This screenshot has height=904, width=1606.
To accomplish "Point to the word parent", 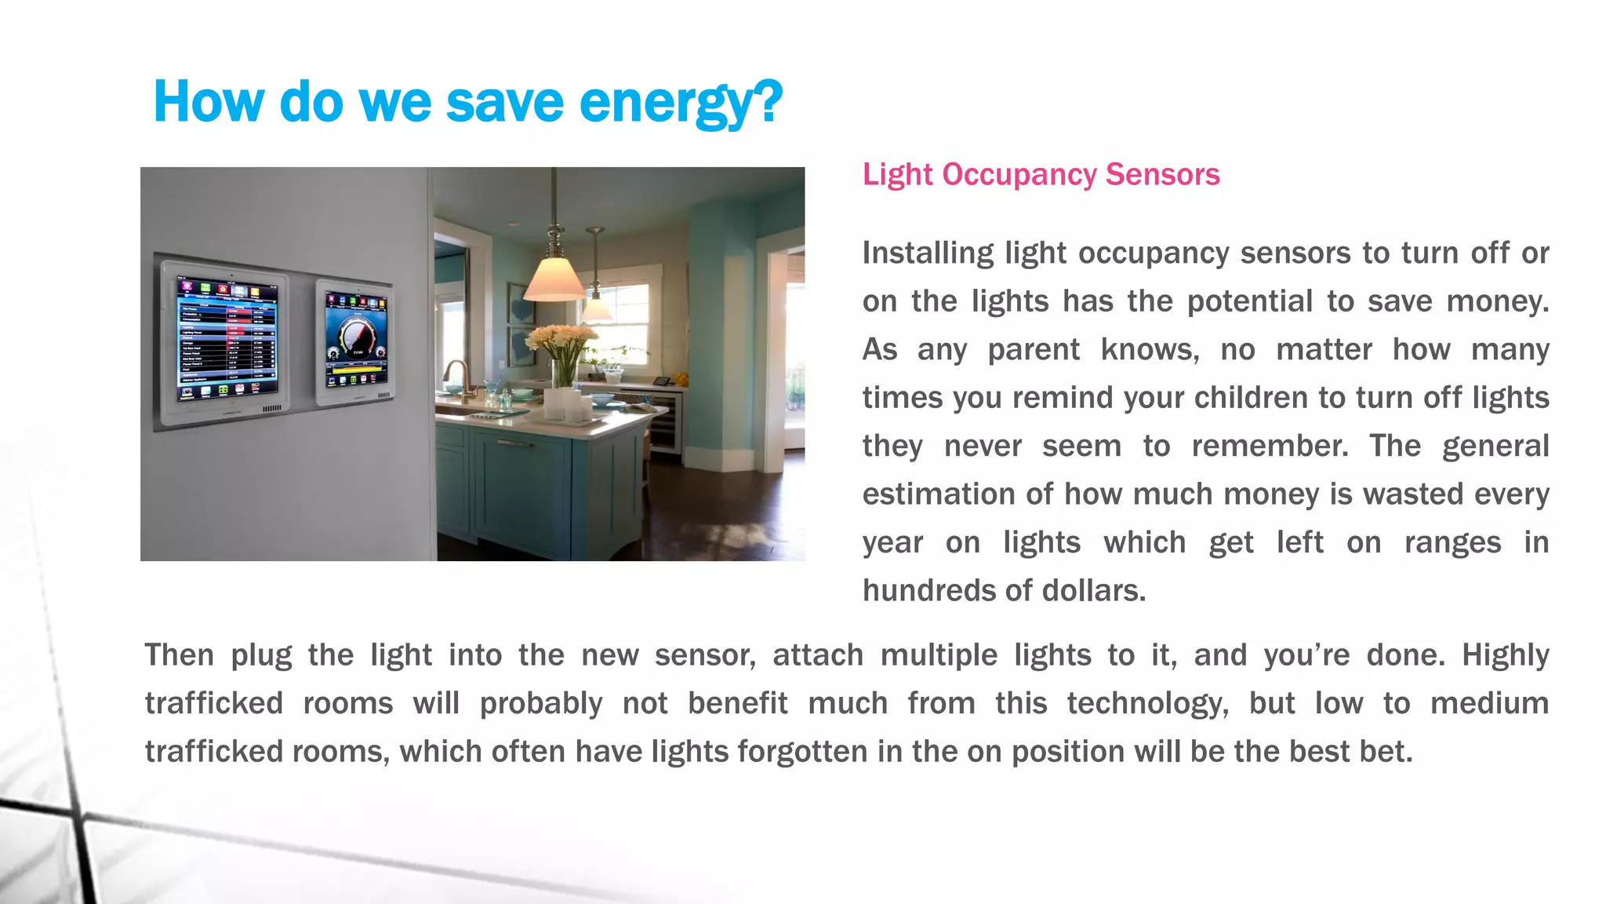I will click(x=1033, y=350).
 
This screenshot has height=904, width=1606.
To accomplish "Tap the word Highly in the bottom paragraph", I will click(x=1505, y=655).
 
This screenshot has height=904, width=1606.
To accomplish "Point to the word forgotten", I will click(x=802, y=752).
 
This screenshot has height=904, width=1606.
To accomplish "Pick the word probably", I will click(x=540, y=704).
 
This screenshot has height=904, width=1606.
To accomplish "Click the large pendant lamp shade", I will click(x=554, y=279).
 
